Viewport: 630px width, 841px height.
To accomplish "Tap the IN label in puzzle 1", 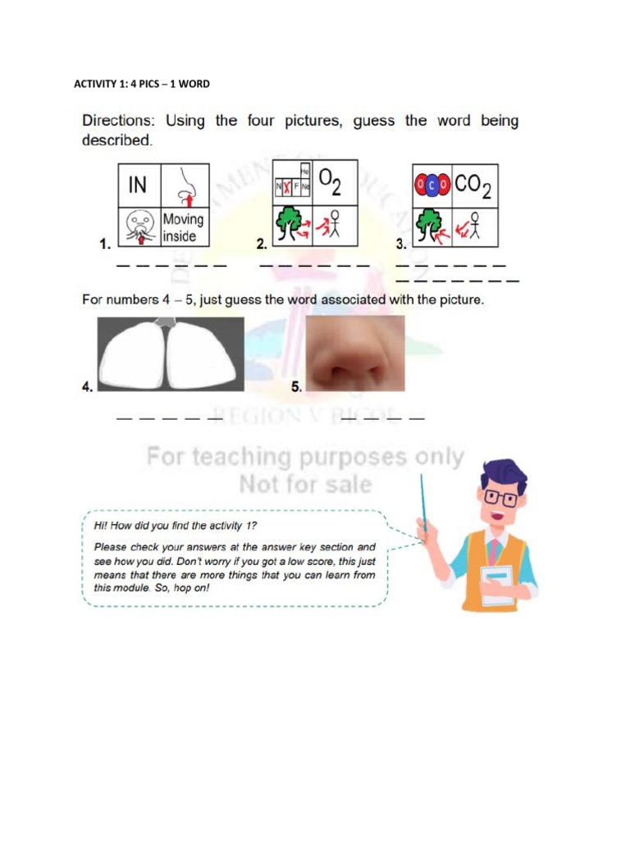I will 138,185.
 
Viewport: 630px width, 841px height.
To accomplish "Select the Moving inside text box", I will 183,227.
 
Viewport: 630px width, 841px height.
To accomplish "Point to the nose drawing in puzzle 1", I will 186,186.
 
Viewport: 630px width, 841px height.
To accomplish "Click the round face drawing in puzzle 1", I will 140,227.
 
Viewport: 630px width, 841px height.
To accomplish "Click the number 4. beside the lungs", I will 88,387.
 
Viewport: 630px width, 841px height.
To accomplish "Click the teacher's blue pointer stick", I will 423,501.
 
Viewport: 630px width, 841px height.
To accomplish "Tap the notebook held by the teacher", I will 497,584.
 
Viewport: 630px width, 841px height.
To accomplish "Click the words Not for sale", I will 305,485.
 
